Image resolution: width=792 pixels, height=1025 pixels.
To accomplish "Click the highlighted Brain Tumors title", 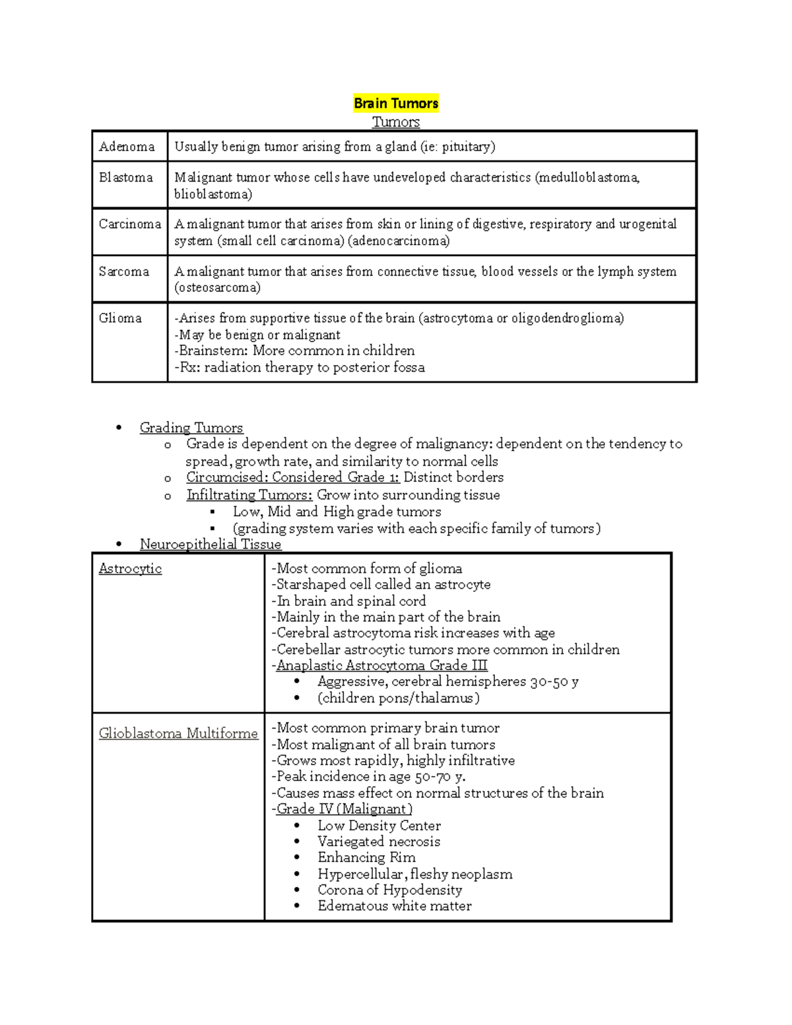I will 395,103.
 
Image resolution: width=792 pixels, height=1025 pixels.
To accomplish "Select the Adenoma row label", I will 127,147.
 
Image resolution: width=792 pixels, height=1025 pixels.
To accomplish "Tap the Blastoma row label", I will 125,178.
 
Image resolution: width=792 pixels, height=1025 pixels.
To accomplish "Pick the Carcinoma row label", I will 129,224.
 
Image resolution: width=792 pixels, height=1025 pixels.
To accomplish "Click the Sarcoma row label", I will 124,271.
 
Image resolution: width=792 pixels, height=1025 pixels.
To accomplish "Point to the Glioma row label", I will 120,318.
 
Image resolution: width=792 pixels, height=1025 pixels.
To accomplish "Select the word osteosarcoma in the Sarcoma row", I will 217,288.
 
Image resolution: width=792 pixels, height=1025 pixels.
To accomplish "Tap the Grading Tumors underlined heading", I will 191,428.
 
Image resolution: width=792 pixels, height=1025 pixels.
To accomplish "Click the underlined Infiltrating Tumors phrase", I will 249,495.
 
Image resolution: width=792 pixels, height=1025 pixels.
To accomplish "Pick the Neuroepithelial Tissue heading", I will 211,545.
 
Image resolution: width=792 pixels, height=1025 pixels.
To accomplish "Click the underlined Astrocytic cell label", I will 130,568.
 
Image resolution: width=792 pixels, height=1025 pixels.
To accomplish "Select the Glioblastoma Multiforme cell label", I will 178,733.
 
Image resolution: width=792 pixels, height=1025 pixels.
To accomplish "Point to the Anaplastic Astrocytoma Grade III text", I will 381,665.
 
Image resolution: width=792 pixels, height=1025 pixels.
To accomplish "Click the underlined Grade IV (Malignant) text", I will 344,809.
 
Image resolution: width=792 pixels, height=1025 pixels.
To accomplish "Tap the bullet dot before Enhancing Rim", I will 298,858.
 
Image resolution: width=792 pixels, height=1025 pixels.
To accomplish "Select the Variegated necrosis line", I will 378,842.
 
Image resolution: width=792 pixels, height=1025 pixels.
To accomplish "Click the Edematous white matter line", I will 394,906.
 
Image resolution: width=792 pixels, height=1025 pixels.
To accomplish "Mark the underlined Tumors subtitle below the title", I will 395,122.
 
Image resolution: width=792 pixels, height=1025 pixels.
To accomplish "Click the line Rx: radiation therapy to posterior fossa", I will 300,368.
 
